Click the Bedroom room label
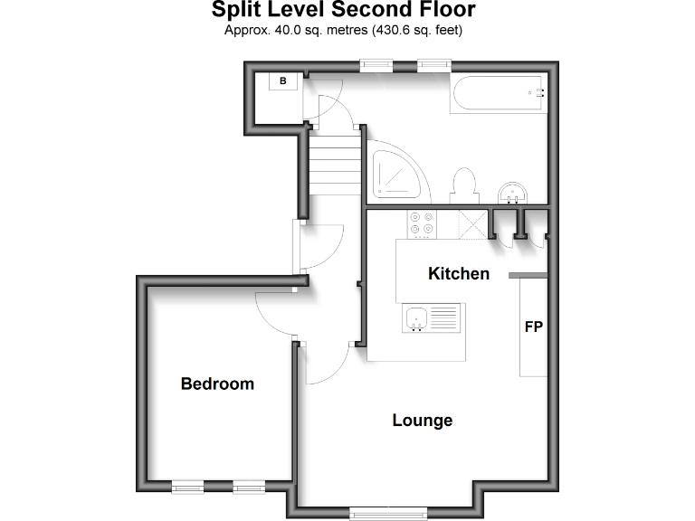click(x=217, y=384)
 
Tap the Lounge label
click(x=422, y=421)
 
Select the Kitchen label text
click(x=459, y=273)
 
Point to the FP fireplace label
click(x=534, y=327)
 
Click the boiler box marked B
click(x=283, y=81)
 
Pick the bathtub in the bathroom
click(x=498, y=93)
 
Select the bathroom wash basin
click(x=513, y=193)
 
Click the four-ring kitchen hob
click(x=422, y=223)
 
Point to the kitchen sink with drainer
click(x=433, y=318)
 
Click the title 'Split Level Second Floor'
click(x=343, y=11)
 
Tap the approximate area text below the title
click(x=343, y=30)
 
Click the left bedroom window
click(x=187, y=488)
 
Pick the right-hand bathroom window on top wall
click(x=434, y=64)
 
